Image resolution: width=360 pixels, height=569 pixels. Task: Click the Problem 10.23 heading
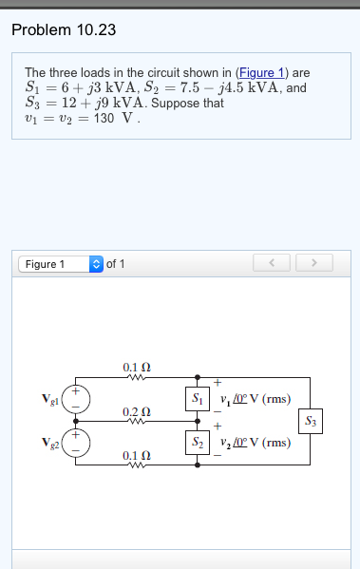click(x=64, y=29)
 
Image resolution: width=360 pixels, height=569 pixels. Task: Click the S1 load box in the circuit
click(x=198, y=398)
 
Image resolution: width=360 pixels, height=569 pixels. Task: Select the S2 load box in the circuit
click(x=198, y=443)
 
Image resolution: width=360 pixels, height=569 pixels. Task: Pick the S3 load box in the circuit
click(x=310, y=420)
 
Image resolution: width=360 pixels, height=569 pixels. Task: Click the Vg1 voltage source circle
click(x=79, y=399)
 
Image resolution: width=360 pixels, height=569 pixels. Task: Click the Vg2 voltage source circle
click(x=79, y=443)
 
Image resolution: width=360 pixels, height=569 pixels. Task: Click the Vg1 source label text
click(x=51, y=399)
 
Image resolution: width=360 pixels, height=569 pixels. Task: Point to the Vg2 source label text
click(x=51, y=443)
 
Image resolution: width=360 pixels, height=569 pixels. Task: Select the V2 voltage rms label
click(x=255, y=443)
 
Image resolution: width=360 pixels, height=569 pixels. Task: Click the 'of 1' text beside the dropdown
click(x=115, y=263)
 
